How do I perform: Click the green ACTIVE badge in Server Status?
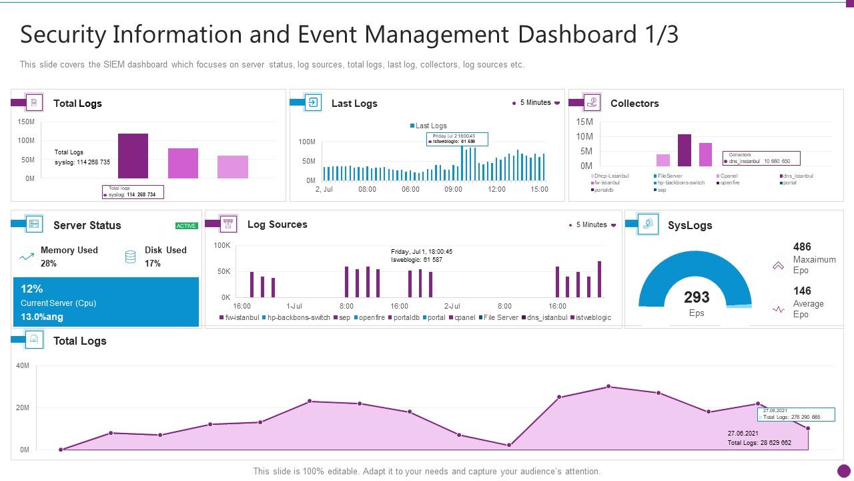click(x=186, y=226)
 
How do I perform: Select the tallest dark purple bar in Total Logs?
click(x=133, y=156)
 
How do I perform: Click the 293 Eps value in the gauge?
click(x=696, y=298)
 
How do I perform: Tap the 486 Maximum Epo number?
click(x=802, y=247)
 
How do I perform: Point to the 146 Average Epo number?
click(x=802, y=291)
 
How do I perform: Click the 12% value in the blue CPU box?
click(x=32, y=289)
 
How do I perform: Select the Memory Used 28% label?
click(x=69, y=257)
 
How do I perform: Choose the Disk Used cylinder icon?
click(x=131, y=256)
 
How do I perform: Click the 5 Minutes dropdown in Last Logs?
click(x=536, y=103)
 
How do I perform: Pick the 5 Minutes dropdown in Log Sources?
click(x=592, y=225)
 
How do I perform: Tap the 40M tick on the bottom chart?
click(x=23, y=366)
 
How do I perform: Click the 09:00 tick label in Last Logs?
click(x=453, y=190)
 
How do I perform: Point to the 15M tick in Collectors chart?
click(x=584, y=122)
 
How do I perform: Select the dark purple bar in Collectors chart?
click(x=684, y=150)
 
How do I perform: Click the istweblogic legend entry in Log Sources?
click(x=593, y=318)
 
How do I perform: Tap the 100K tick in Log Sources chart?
click(x=222, y=246)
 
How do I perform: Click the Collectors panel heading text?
click(x=634, y=104)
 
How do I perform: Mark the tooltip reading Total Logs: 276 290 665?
click(x=795, y=414)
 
